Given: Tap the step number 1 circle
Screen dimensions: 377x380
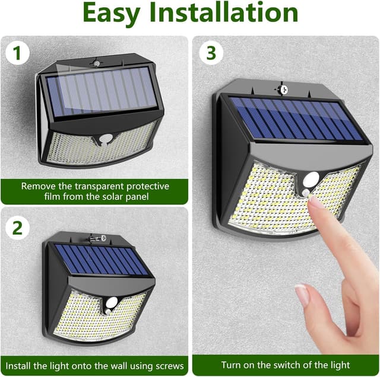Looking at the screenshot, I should pos(17,53).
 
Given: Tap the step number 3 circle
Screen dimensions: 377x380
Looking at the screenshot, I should pos(211,53).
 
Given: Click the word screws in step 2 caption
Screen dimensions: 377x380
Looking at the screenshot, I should pos(169,365).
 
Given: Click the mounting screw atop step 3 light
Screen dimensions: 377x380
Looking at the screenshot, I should pos(283,89).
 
